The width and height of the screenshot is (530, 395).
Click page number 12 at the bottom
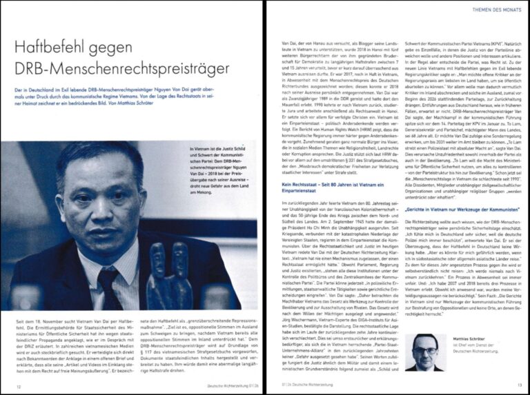19,387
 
